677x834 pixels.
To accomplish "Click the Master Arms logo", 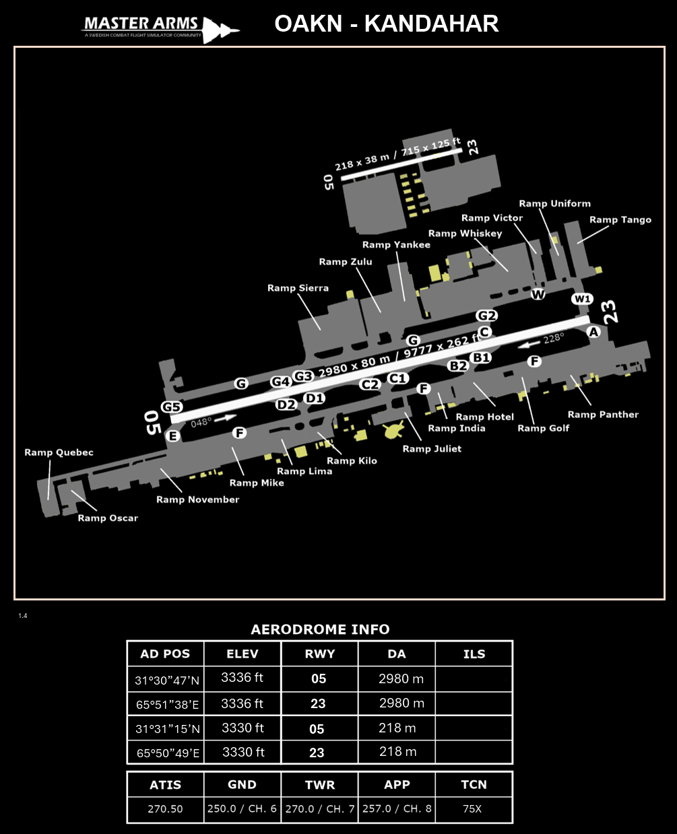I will [x=160, y=28].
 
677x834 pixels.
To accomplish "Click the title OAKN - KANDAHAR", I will [x=387, y=24].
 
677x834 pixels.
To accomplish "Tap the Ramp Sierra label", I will [x=298, y=288].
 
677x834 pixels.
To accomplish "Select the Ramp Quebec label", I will [x=59, y=452].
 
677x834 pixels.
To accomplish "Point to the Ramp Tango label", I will [x=620, y=219].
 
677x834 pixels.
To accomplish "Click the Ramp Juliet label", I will [x=432, y=448].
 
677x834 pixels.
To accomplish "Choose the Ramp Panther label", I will [x=603, y=415].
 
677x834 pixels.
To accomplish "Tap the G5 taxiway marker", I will [x=172, y=407].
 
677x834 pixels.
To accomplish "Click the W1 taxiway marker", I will [x=583, y=299].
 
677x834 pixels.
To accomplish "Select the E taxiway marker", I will [x=172, y=436].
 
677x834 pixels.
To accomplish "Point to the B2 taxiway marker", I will [x=458, y=366].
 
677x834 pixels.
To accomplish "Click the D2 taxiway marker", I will [x=286, y=405].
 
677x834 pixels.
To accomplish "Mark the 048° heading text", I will [x=201, y=422].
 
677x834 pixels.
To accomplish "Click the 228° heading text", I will [x=554, y=339].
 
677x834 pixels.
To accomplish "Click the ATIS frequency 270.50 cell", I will [x=165, y=808].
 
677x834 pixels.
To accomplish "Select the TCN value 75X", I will [x=472, y=808].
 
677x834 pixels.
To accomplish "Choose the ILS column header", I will [x=474, y=654].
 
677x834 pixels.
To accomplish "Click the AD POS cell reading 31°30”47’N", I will [x=167, y=680].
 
